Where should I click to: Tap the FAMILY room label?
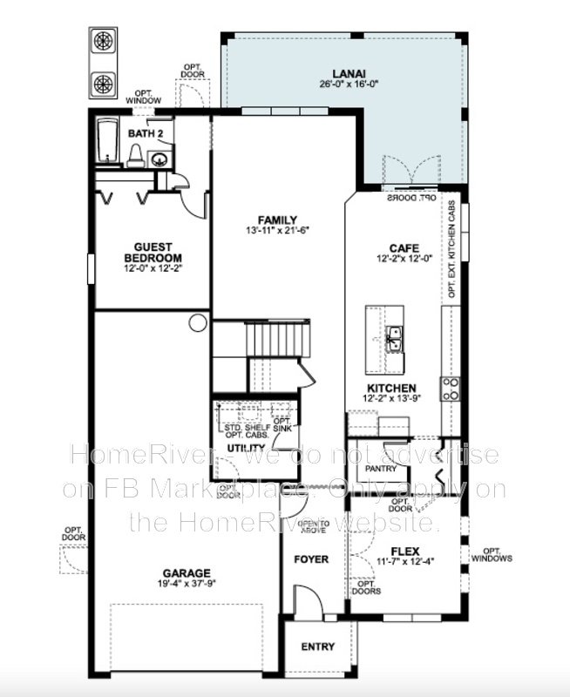click(x=277, y=220)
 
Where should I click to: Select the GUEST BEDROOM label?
click(x=153, y=253)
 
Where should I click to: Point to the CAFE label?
click(x=404, y=247)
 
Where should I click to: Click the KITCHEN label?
click(x=390, y=388)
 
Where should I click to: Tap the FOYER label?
click(x=311, y=558)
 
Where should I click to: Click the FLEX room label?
click(x=404, y=552)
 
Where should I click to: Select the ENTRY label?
click(x=317, y=647)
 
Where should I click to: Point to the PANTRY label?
click(x=381, y=469)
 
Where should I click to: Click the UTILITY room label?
click(x=245, y=447)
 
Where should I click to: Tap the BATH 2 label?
click(x=145, y=134)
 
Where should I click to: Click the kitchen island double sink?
click(x=393, y=335)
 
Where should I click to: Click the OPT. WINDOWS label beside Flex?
click(x=492, y=555)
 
